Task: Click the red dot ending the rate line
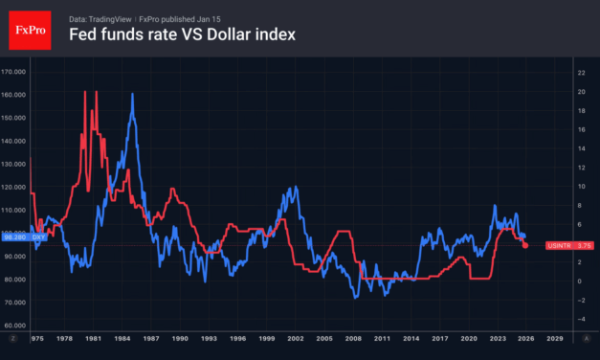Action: tap(524, 246)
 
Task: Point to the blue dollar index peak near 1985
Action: tap(131, 95)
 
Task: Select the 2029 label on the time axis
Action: tap(555, 338)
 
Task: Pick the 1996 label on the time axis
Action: tap(250, 338)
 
